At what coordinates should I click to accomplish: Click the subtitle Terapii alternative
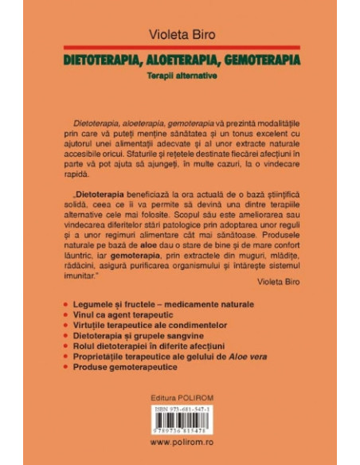coord(179,76)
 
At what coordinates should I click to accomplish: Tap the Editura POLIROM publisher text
coord(179,397)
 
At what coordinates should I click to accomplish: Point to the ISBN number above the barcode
coord(179,410)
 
